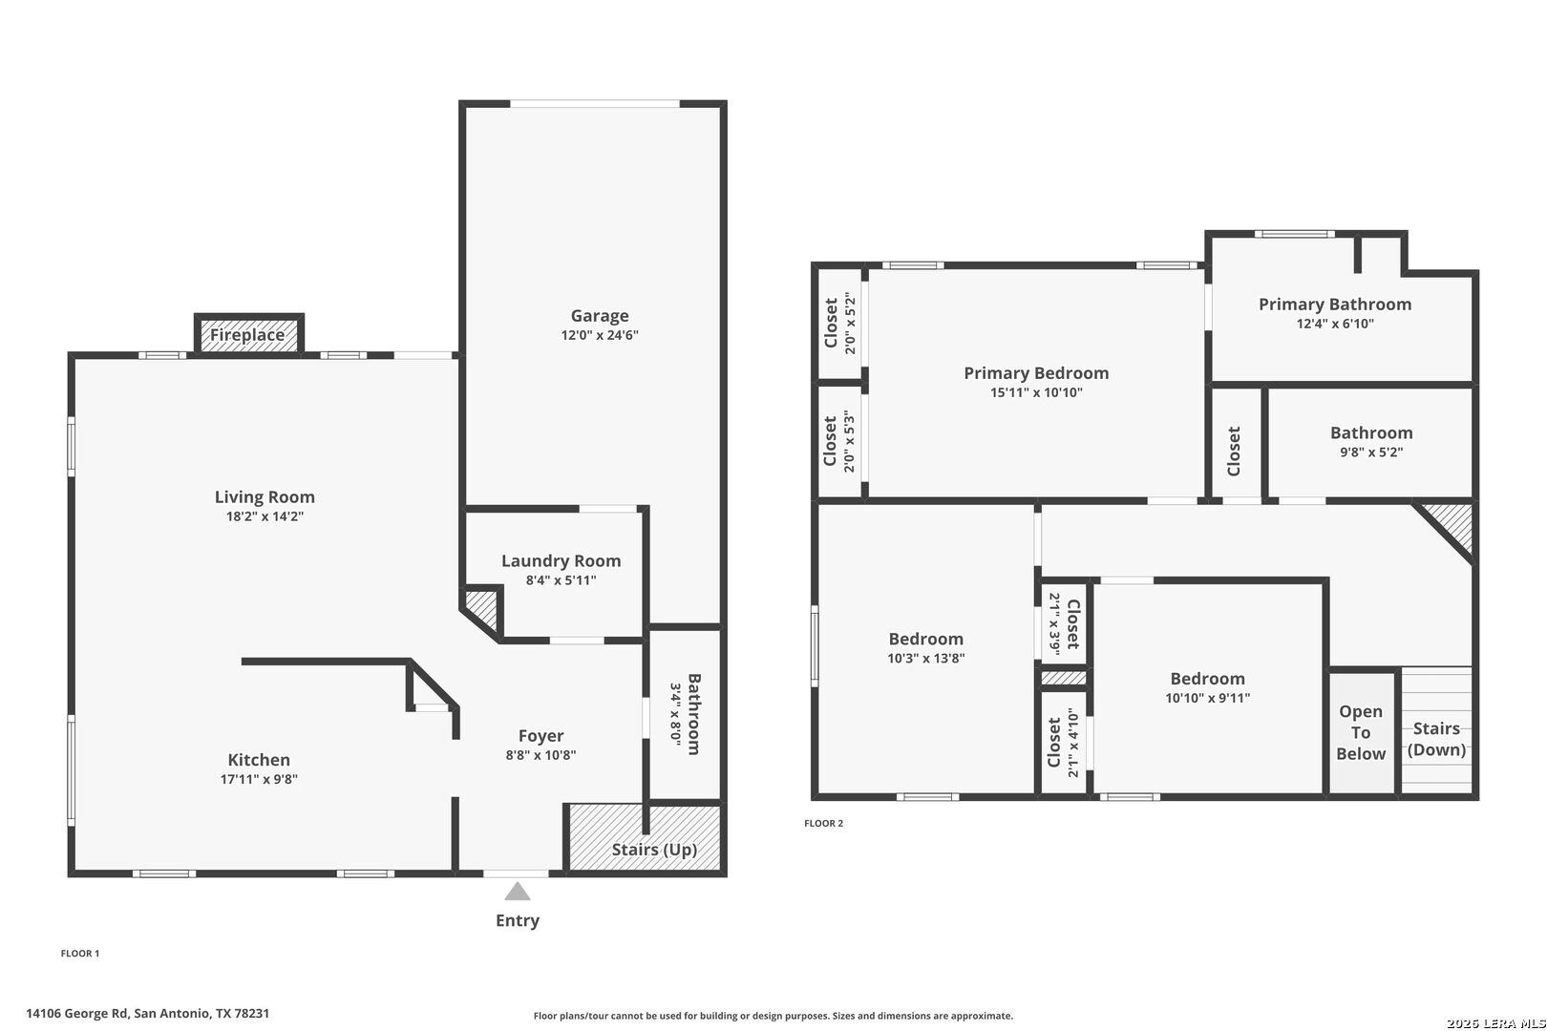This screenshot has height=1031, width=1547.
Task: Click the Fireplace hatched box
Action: (248, 335)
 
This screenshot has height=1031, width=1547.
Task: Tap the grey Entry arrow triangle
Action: (518, 892)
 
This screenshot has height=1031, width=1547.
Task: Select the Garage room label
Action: (600, 316)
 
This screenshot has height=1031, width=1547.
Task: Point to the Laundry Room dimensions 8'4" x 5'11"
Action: (561, 580)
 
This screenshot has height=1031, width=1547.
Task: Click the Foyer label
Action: (540, 736)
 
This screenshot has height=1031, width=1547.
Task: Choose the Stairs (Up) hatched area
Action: (645, 837)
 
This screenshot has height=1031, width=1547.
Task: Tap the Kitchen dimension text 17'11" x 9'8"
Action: (259, 779)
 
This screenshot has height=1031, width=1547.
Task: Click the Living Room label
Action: (265, 497)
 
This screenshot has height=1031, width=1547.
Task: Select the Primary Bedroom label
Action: (1036, 373)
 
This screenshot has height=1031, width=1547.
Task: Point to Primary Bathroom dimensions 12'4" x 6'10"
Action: (1335, 324)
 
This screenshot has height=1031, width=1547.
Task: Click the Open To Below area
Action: (1361, 732)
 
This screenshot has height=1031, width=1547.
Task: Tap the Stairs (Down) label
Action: (1436, 739)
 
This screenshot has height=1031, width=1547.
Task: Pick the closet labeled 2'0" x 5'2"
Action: (839, 324)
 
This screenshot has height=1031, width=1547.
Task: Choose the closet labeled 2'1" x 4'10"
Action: (1063, 743)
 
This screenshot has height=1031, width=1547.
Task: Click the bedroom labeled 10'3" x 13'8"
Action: (925, 647)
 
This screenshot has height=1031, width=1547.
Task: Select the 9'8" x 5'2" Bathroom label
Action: (1371, 441)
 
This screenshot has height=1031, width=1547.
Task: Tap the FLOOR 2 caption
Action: (823, 823)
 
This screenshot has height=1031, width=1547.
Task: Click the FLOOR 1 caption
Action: (80, 954)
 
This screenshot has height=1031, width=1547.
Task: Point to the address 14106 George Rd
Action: (77, 1013)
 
